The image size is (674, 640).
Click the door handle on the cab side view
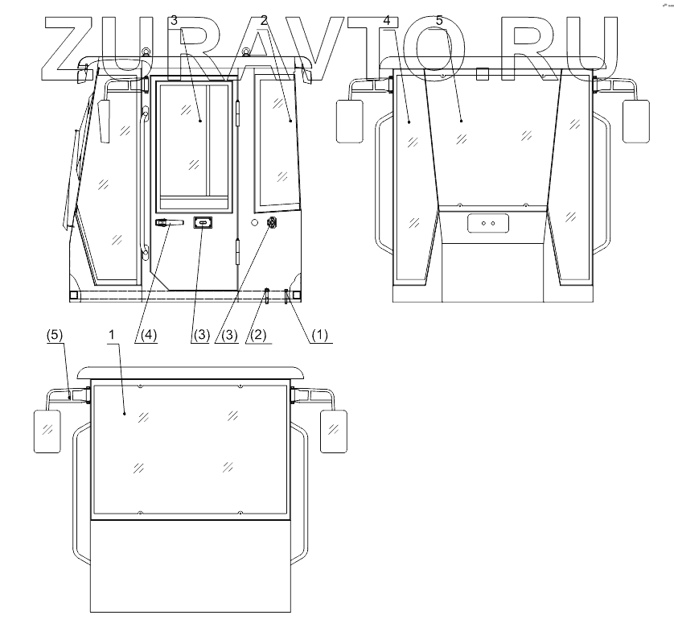170,222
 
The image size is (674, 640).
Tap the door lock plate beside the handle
203,222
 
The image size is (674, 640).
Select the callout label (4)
149,335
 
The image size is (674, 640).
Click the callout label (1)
319,335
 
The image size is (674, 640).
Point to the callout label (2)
258,335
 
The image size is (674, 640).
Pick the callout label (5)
55,335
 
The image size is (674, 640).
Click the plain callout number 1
112,334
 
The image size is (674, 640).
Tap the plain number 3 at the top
174,20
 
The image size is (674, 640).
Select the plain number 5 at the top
439,20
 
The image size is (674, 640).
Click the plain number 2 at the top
264,20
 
